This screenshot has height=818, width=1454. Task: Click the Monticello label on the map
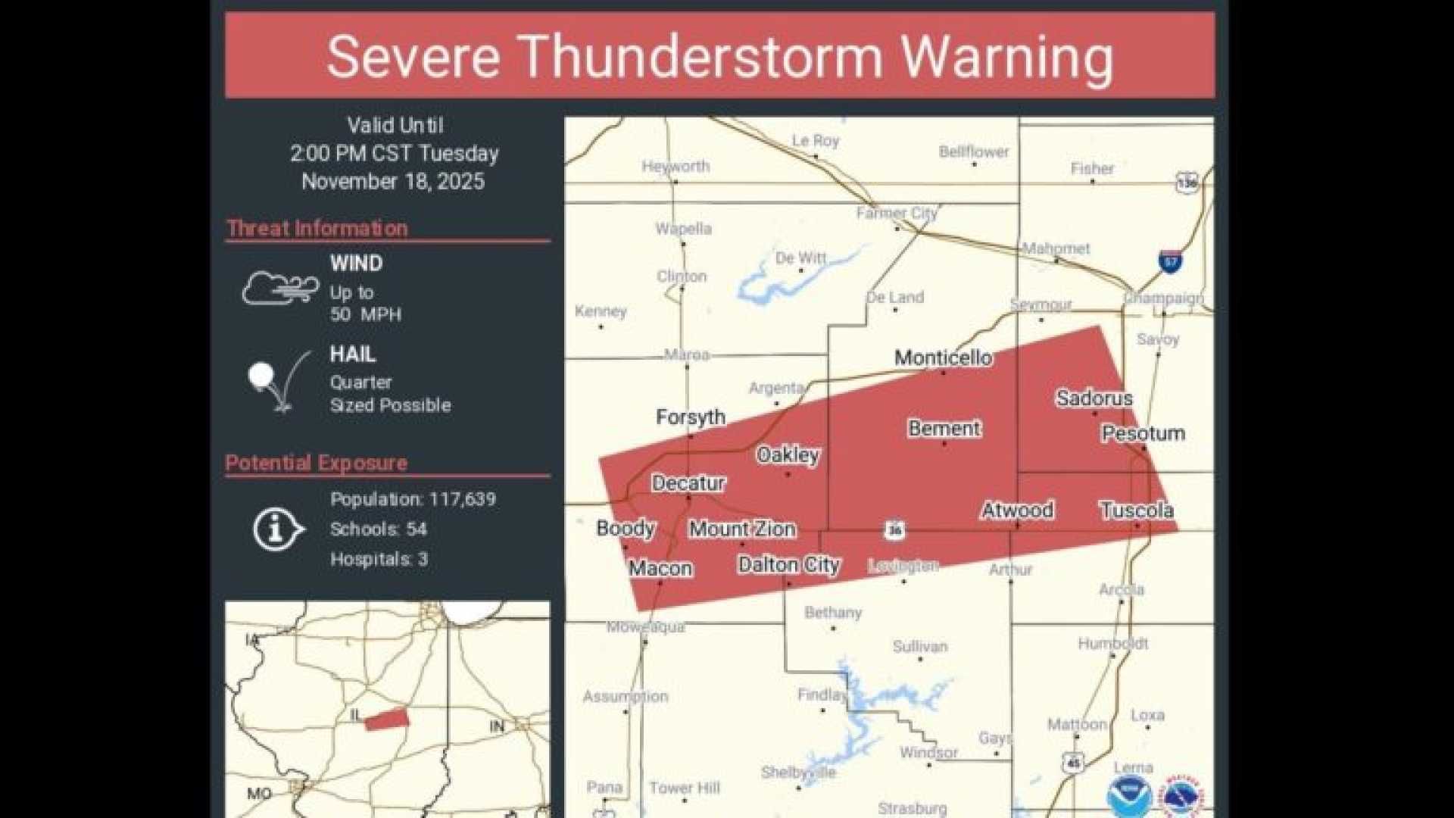[x=943, y=357]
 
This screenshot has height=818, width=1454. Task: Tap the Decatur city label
[x=688, y=483]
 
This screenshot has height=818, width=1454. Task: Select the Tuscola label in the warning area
[x=1136, y=510]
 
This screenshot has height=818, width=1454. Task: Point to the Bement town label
[x=944, y=429]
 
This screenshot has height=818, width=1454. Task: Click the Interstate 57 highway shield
[x=1171, y=261]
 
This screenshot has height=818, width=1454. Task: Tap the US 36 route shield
[x=895, y=529]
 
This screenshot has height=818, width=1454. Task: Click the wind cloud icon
[x=280, y=289]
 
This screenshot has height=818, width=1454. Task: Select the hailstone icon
[x=261, y=375]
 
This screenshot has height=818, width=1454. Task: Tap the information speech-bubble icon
[x=277, y=529]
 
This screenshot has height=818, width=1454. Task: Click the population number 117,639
[x=462, y=499]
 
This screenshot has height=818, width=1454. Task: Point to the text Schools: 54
[x=378, y=529]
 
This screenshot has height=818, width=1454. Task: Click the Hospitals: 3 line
[x=379, y=559]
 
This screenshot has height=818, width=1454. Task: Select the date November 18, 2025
[x=392, y=182]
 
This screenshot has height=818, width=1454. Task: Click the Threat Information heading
[x=317, y=228]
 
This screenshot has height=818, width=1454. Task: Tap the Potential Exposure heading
[x=316, y=463]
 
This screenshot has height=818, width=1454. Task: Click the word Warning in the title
[x=1006, y=57]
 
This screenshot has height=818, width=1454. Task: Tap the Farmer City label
[x=897, y=214]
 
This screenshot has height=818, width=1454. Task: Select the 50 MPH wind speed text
[x=365, y=314]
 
